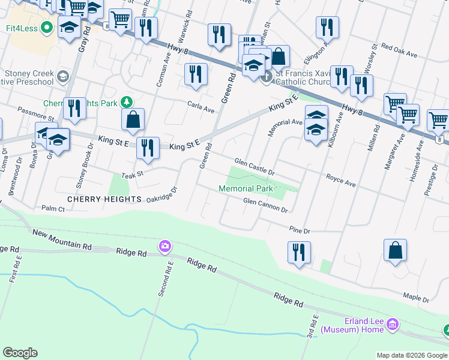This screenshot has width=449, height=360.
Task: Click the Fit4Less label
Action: (26, 27)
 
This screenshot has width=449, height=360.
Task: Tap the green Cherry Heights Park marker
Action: (127, 103)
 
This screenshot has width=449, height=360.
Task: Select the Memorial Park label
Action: (246, 188)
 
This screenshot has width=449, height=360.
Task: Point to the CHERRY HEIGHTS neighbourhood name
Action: (104, 199)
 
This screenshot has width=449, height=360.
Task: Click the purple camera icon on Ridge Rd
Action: (164, 246)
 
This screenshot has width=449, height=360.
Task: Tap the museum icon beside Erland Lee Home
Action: (393, 325)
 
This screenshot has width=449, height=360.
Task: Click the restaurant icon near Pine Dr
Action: (298, 251)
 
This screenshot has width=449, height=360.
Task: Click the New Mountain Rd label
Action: (62, 239)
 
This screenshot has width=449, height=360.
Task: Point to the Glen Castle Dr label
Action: (255, 167)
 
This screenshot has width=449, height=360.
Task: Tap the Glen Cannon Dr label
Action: (265, 205)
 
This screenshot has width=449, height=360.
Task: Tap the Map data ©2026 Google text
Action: (411, 355)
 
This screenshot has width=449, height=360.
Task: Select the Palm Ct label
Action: (53, 209)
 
